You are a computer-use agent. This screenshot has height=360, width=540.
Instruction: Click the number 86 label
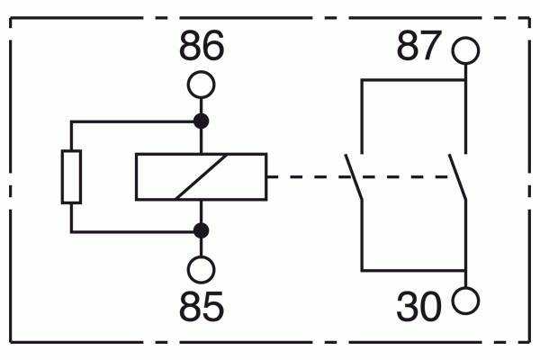pos(201,47)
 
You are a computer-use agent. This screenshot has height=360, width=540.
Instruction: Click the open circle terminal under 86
pos(201,85)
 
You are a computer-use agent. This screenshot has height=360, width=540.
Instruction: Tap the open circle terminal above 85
pos(201,269)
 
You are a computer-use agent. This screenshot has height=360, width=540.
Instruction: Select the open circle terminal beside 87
pos(465,50)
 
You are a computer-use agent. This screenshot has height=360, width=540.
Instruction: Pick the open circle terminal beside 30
pos(465,301)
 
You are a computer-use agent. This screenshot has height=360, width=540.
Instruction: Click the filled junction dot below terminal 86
pos(201,121)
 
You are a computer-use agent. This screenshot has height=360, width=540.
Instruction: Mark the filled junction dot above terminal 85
pos(201,231)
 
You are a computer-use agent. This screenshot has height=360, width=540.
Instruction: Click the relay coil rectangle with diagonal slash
pos(201,176)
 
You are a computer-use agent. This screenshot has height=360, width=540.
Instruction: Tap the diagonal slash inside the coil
pos(201,176)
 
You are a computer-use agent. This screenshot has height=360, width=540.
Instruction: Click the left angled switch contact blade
pos(353,176)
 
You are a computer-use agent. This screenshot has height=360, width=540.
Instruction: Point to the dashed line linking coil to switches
pos(306,176)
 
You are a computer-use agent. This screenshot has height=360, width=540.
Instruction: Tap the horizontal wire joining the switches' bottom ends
pos(413,269)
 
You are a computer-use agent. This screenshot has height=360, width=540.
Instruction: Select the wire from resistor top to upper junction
pos(135,121)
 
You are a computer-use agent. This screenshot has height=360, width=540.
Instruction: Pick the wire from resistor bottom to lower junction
pos(135,231)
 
